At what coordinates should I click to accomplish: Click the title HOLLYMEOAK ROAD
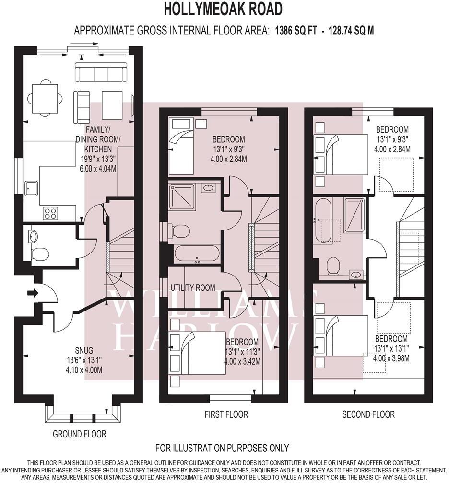tap(223, 9)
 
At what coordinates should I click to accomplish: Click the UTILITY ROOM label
tap(193, 288)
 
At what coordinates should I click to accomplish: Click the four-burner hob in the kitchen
tap(50, 213)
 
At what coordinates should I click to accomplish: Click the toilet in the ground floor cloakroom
tap(39, 253)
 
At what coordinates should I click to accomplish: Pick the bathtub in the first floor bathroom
tap(197, 253)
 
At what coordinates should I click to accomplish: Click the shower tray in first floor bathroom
tap(182, 196)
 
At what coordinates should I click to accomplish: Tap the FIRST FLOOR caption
tap(224, 414)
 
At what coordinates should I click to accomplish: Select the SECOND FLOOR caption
tap(368, 414)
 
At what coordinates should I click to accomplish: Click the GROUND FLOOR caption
tap(79, 434)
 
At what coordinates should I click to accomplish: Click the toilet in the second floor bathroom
tap(332, 264)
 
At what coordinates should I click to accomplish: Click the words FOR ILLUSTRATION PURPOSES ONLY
tap(222, 448)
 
